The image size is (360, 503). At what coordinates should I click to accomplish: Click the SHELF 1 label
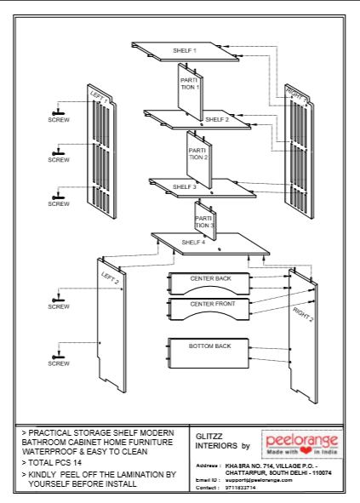185,51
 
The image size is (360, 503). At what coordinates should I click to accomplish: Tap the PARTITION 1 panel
191,91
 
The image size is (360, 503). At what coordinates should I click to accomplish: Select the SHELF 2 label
217,119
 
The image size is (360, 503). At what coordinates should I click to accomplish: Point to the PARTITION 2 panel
199,159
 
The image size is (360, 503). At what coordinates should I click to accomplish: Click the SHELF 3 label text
184,186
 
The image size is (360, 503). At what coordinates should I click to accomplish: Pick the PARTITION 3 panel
205,220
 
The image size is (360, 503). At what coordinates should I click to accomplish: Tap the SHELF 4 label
193,243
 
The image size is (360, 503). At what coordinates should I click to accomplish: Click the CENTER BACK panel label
210,278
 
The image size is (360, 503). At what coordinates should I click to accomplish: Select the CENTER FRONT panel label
213,304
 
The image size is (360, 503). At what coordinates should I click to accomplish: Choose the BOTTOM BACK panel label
210,346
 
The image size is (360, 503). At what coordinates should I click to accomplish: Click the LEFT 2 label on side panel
110,277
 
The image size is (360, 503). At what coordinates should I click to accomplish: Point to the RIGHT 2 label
303,314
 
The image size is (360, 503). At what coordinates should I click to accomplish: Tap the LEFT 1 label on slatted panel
99,96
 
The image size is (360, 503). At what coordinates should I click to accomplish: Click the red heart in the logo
306,451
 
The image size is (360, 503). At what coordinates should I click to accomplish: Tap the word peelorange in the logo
302,441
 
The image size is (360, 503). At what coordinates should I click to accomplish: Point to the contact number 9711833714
241,488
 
